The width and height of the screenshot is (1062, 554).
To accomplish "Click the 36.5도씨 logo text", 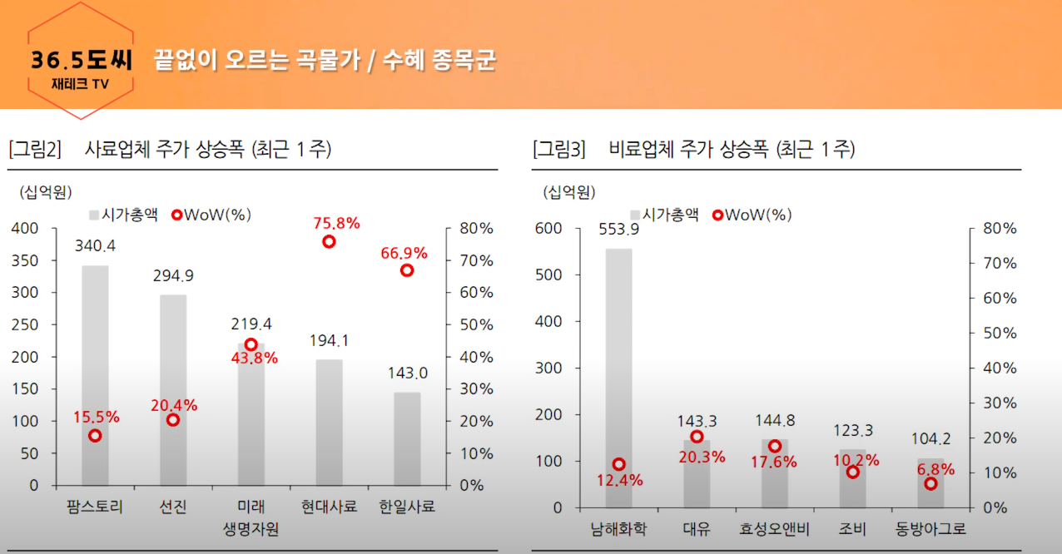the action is [x=81, y=60].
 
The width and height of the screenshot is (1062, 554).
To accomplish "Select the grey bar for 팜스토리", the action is [x=95, y=375].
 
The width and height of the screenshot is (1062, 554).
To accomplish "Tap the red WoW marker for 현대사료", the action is [x=329, y=242].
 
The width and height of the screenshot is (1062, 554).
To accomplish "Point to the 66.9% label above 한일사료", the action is [x=404, y=253].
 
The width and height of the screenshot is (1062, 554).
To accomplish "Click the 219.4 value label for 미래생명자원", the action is [x=251, y=324].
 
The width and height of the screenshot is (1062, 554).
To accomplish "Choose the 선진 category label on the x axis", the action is [x=173, y=507].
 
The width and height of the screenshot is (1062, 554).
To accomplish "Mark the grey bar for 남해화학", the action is [x=618, y=378].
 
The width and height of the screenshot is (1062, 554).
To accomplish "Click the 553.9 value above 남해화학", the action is [x=618, y=230].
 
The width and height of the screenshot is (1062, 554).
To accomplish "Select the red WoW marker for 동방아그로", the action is [x=930, y=484].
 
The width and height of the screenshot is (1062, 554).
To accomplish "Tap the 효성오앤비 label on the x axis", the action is [x=775, y=529].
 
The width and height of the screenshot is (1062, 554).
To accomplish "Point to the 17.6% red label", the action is [x=774, y=462].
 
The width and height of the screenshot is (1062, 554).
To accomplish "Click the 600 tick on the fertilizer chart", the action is [x=548, y=229].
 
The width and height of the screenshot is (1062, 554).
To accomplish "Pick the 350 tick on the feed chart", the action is [x=25, y=260].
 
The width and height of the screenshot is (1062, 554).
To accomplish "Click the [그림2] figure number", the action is [x=35, y=149].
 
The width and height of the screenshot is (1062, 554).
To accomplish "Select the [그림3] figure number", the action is [x=559, y=149].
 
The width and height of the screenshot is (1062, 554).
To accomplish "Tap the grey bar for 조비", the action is [x=852, y=478].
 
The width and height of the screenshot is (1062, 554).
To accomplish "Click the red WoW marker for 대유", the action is [x=697, y=437].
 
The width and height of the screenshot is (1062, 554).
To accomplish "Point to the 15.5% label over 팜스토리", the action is [x=97, y=417].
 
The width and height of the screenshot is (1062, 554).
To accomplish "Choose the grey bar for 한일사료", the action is [x=407, y=439].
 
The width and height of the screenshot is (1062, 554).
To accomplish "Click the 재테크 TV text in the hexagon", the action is [x=80, y=84].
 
